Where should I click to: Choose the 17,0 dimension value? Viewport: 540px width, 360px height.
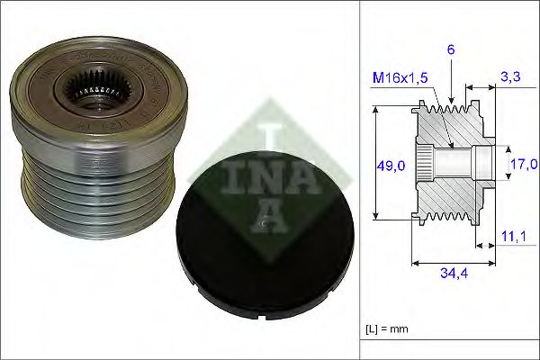coord(523,164)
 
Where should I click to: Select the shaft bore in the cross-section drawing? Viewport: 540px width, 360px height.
coord(450,162)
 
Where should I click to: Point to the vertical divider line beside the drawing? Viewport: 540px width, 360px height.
coord(360,180)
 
